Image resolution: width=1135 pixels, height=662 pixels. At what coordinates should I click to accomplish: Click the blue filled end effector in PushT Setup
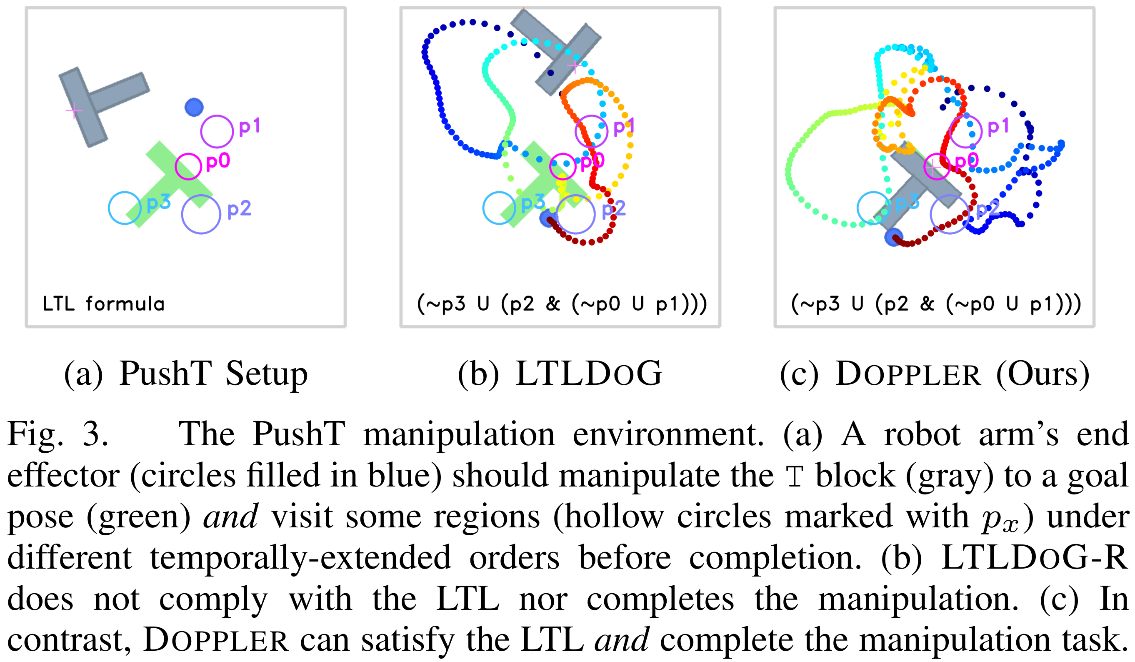tap(194, 107)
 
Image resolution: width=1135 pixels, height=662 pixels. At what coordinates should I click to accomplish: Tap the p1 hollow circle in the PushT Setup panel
tap(217, 131)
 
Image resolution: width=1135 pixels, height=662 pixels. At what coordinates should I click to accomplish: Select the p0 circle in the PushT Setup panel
tap(188, 166)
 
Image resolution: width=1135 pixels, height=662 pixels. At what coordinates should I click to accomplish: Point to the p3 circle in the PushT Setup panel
tap(125, 208)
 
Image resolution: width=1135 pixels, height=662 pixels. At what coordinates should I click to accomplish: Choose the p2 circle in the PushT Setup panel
tap(201, 214)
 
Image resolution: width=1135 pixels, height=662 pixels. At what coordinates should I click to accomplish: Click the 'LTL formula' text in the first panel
tap(104, 304)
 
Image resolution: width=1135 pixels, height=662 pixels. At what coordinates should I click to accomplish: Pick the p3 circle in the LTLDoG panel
tap(499, 208)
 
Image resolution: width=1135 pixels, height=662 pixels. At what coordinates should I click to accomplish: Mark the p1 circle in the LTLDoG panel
tap(591, 131)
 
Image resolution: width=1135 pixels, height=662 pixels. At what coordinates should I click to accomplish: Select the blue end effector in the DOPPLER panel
tap(894, 237)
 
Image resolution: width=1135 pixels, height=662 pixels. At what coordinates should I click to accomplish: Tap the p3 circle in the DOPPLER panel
tap(873, 208)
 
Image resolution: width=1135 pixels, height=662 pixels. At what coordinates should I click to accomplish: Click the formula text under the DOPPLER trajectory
tap(936, 304)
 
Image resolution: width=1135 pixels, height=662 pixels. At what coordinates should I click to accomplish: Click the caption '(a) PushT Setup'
tap(185, 374)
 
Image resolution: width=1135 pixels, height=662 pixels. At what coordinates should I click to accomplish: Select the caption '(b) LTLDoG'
tap(560, 374)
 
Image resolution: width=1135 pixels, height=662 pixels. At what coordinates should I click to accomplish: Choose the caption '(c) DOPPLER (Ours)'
tap(935, 374)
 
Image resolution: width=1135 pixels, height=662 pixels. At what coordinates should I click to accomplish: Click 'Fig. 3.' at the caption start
tap(57, 434)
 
